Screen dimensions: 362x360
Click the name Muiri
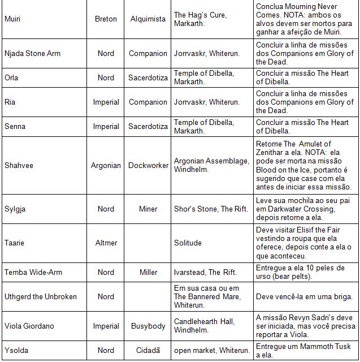coord(12,19)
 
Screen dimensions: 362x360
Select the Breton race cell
coord(106,19)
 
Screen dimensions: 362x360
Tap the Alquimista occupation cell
coord(148,19)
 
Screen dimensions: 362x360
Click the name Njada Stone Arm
coord(32,54)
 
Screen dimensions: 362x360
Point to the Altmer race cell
coord(106,243)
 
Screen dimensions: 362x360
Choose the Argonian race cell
coord(106,166)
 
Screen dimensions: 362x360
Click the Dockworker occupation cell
coord(148,166)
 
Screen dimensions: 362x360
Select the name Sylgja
coord(15,209)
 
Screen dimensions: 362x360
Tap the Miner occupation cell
coord(148,209)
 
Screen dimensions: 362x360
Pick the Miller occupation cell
coord(148,272)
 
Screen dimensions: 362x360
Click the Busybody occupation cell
coord(148,326)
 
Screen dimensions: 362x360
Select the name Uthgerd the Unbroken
coord(40,296)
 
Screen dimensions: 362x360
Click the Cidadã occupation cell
coord(148,350)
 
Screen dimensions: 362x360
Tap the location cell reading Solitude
coord(188,243)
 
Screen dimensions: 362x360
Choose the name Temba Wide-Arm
coord(33,272)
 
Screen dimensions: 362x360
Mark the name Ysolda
coord(15,350)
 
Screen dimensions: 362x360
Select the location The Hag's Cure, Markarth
coord(200,19)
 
